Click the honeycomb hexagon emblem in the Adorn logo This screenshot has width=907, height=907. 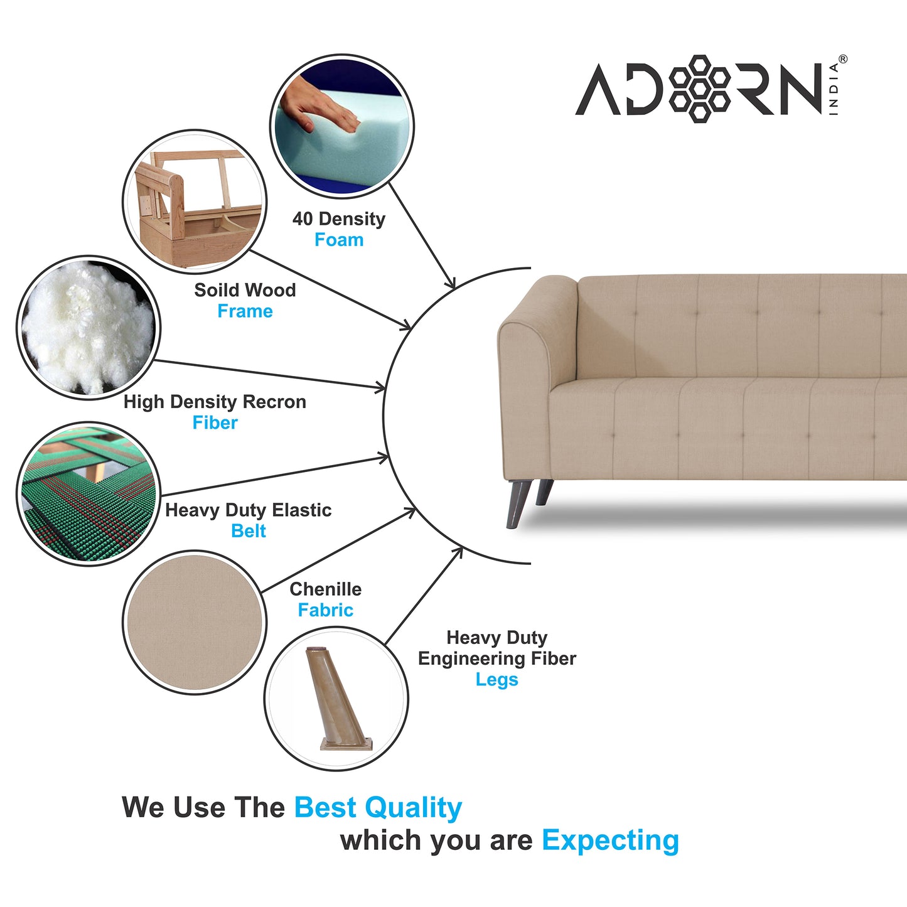click(700, 89)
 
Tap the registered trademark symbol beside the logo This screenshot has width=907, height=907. click(843, 59)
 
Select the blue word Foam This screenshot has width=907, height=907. click(339, 240)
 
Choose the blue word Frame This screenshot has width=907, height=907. click(245, 311)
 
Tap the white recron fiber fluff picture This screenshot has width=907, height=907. click(89, 328)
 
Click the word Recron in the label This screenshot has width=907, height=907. click(274, 402)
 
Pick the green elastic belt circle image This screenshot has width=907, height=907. click(89, 494)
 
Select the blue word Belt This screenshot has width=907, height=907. click(249, 530)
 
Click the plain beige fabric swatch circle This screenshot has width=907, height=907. click(195, 622)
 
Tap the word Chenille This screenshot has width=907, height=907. click(325, 589)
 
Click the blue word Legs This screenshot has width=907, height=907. click(496, 679)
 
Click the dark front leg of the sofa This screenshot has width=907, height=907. click(518, 503)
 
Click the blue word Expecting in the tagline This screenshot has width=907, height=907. click(611, 840)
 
